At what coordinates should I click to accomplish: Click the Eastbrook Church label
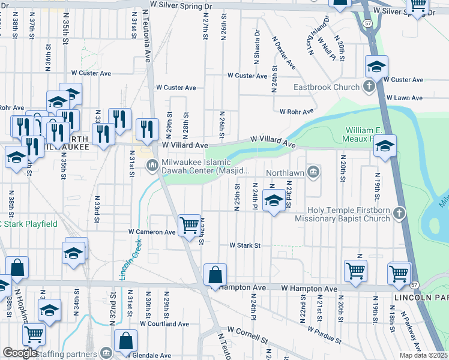[326, 88]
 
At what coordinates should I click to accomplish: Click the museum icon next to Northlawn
[312, 172]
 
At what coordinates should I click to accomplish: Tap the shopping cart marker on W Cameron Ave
[190, 226]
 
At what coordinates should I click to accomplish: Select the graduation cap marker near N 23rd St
[274, 201]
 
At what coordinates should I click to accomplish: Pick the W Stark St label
[244, 245]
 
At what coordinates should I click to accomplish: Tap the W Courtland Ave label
[164, 323]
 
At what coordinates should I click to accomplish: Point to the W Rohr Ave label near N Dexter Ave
[297, 112]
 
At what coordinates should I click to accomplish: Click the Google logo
[20, 353]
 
